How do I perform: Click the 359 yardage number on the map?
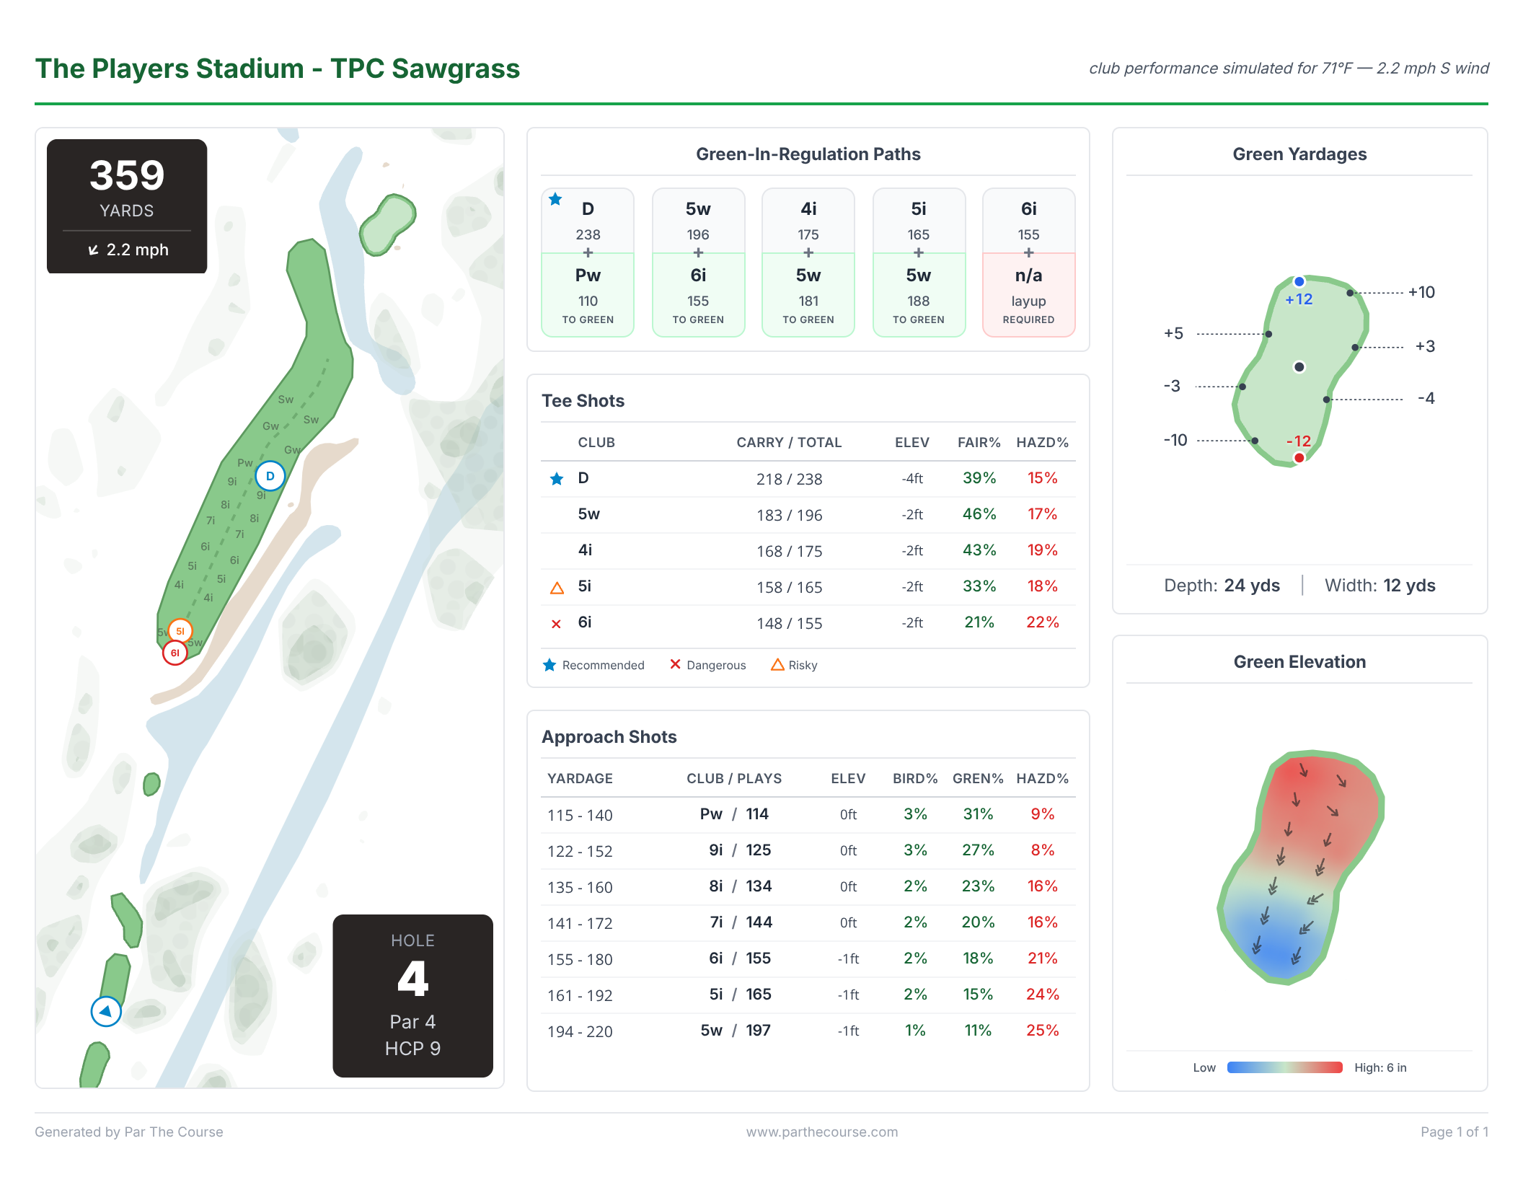(x=127, y=176)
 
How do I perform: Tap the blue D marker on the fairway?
(x=270, y=476)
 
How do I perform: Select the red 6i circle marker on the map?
(x=175, y=653)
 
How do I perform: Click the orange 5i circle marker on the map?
(x=180, y=631)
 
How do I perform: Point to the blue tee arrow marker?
(x=106, y=1011)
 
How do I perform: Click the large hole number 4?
(x=412, y=979)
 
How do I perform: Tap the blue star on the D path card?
(x=555, y=200)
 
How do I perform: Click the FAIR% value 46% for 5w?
(x=979, y=514)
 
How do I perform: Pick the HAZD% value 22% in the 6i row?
(x=1042, y=622)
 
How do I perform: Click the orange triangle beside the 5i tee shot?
(x=557, y=588)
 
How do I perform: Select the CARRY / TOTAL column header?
(x=789, y=442)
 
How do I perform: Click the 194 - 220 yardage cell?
(x=580, y=1031)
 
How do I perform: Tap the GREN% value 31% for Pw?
(x=978, y=814)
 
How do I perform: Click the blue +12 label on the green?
(x=1299, y=299)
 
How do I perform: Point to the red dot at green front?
(x=1299, y=458)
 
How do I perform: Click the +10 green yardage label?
(x=1421, y=292)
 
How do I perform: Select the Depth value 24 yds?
(x=1252, y=586)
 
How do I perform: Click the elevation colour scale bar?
(x=1284, y=1067)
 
